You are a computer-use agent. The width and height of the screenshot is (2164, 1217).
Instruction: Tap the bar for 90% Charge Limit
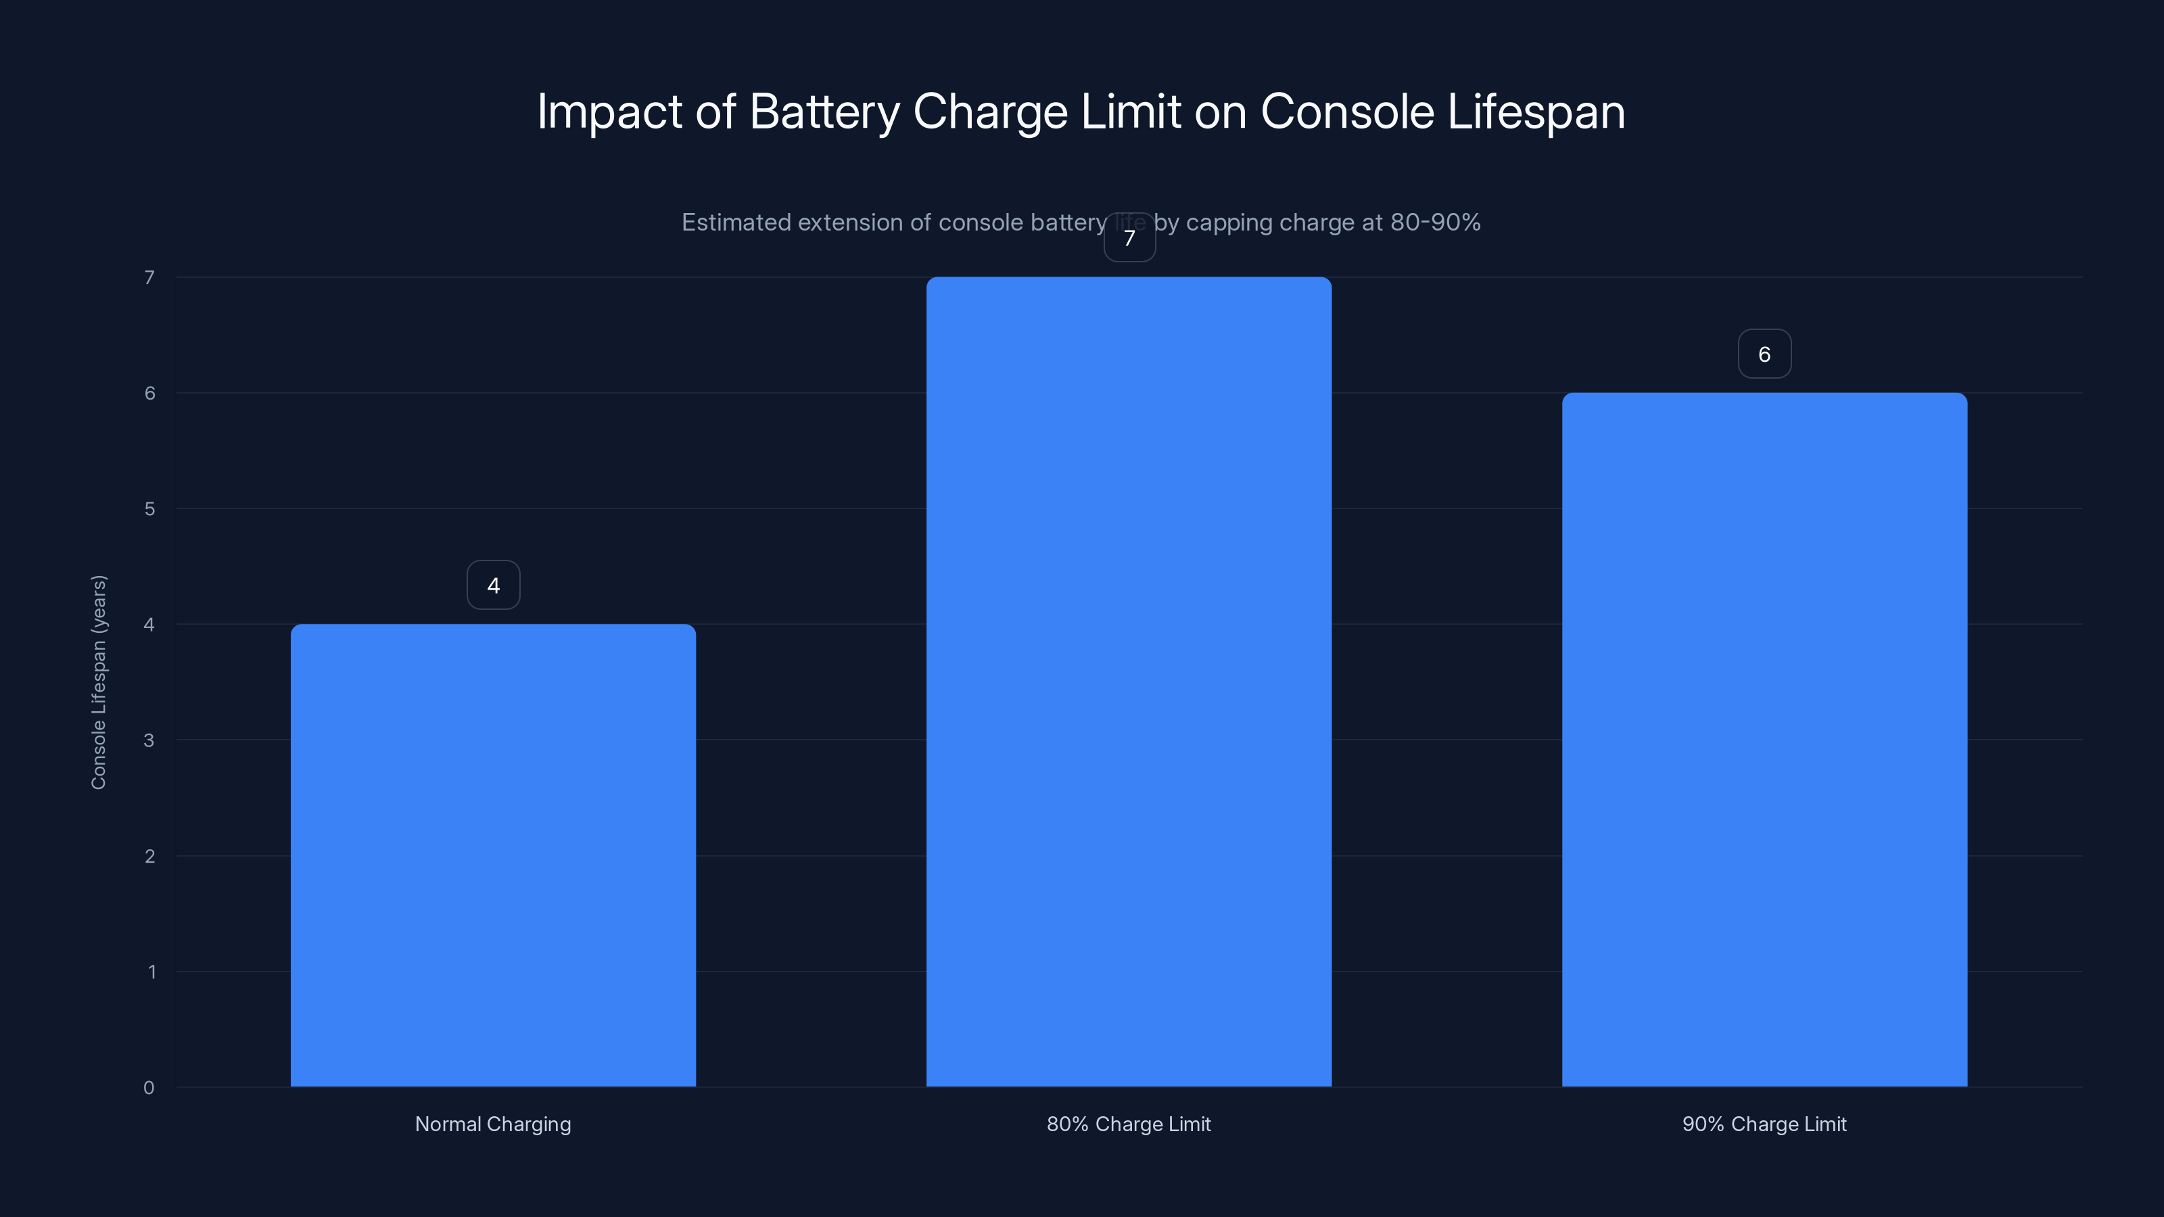pos(1764,739)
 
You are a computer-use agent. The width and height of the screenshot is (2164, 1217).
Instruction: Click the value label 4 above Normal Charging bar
pos(493,586)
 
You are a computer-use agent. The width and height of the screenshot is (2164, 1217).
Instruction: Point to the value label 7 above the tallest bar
pos(1129,239)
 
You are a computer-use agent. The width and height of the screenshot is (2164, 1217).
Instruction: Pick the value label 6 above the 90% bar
pos(1764,354)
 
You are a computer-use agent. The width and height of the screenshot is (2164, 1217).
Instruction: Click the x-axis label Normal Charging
pos(493,1124)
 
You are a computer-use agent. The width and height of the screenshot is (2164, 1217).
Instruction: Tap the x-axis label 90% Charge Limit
pos(1764,1124)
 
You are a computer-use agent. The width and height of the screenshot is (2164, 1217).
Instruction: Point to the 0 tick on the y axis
pos(149,1088)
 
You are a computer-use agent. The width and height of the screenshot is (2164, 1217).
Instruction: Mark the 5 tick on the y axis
pos(149,509)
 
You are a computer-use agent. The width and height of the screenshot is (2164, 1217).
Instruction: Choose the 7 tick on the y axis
pos(149,278)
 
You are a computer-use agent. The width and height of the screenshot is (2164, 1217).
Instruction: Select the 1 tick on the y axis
pos(151,972)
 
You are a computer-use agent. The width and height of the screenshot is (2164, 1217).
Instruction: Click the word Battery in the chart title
pos(823,112)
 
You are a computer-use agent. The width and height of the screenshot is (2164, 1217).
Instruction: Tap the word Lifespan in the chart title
pos(1536,112)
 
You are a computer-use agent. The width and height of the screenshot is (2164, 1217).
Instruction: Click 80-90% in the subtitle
pos(1435,222)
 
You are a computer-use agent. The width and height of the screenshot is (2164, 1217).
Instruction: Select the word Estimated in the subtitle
pos(736,222)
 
